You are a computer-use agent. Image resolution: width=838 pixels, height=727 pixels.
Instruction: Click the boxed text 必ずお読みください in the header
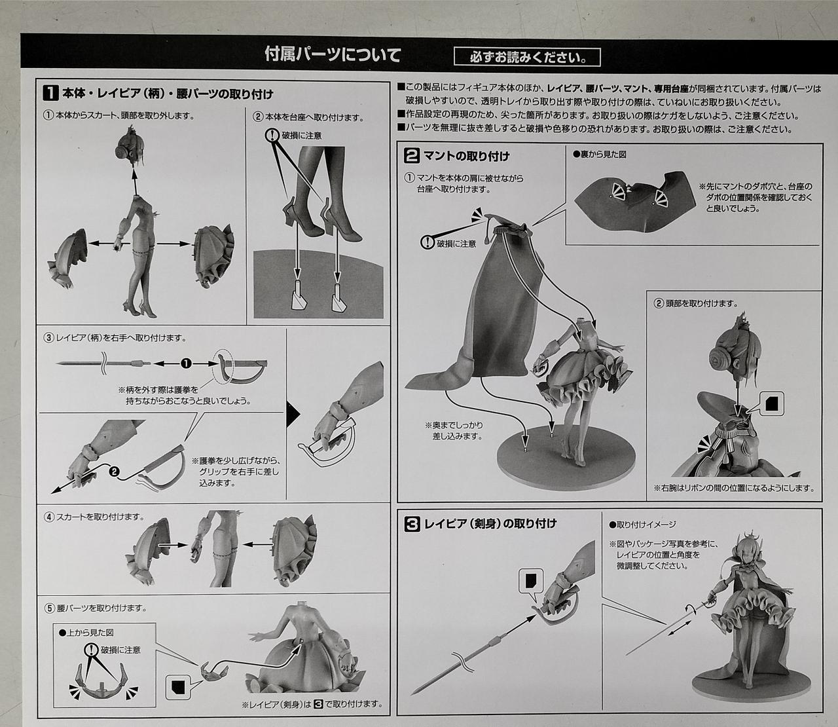point(527,58)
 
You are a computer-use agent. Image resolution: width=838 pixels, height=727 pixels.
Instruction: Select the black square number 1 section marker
point(50,93)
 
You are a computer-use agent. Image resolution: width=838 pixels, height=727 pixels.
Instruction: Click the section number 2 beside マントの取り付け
point(412,155)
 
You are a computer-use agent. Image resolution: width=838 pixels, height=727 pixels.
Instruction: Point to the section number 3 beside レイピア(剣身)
point(412,524)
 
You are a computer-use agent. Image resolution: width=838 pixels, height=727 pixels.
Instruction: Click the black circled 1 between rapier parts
point(186,363)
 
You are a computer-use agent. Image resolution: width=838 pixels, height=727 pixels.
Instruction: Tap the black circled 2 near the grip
point(115,472)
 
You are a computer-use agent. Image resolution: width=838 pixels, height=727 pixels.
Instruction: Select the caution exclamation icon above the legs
point(272,135)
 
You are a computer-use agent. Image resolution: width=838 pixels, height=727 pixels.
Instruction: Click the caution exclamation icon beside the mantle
point(428,242)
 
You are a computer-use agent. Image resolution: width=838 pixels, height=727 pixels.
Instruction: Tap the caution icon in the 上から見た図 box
point(92,650)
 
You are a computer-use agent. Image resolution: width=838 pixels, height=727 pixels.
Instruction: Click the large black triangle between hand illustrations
point(293,415)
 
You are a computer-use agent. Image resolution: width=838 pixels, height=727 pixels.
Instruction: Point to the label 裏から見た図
point(600,155)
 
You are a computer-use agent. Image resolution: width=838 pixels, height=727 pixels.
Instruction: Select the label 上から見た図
point(86,633)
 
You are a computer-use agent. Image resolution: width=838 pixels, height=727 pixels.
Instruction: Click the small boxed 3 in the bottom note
point(319,704)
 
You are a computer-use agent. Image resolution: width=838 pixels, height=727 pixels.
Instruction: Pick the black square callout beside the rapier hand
point(531,581)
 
